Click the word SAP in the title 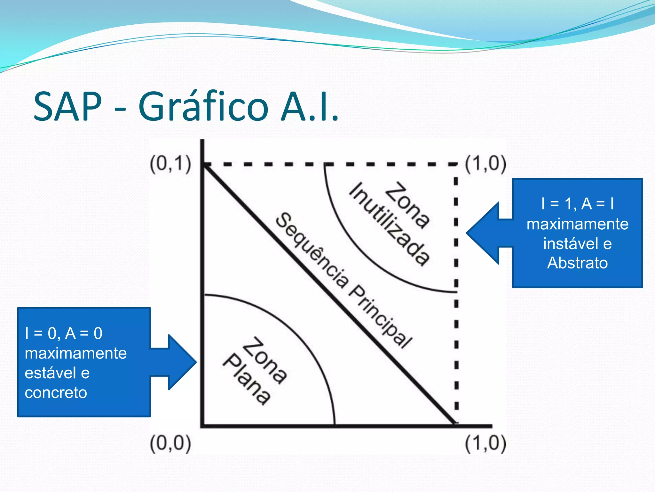point(67,106)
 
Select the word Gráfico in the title point(203,106)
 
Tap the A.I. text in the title point(309,106)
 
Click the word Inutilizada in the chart point(389,224)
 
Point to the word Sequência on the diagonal point(312,250)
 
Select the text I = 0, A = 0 point(64,333)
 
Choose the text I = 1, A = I point(577,204)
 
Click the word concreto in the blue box point(56,393)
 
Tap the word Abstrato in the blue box point(577,263)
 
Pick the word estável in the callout point(50,373)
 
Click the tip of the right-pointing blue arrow point(196,362)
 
